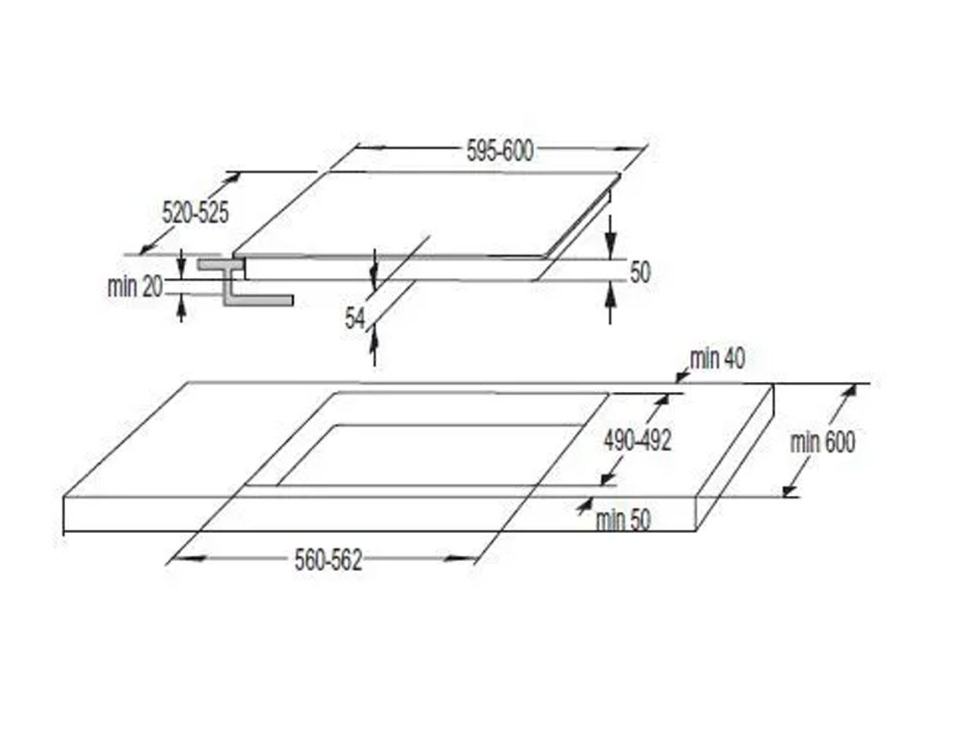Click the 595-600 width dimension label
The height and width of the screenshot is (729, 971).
[500, 151]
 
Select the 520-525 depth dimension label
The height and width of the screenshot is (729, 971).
[196, 213]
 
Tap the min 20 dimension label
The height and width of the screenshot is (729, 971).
[135, 287]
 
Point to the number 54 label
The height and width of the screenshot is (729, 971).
[355, 319]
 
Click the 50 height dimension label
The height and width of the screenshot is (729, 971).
[640, 272]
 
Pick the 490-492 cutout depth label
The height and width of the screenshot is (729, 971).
[637, 440]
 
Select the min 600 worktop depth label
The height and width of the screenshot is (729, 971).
[823, 442]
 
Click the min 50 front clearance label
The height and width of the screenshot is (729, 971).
[624, 520]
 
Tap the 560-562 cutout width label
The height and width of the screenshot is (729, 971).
[328, 560]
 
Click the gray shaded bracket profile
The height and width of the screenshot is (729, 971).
[244, 282]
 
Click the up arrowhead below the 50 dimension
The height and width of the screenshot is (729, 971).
[611, 295]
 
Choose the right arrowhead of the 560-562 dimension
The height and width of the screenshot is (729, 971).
[459, 559]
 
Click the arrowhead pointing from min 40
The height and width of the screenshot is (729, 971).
[682, 376]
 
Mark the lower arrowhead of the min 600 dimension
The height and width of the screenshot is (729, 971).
[789, 490]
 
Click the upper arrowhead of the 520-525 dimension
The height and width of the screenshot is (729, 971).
[232, 180]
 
